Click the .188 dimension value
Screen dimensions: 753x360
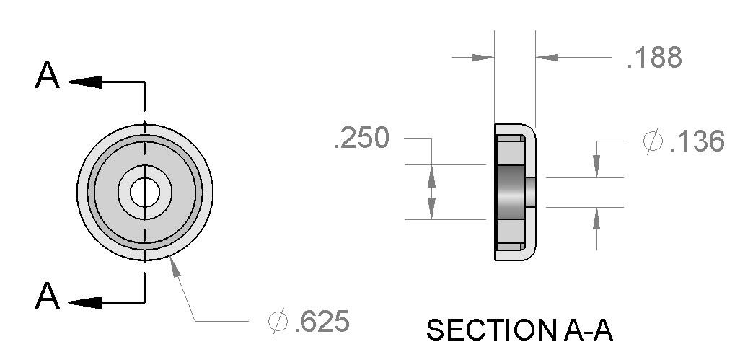(654, 58)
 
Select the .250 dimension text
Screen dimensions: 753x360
(361, 138)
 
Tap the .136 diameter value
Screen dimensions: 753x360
(696, 141)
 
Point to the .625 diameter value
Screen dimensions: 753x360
(321, 322)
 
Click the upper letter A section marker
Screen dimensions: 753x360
(47, 76)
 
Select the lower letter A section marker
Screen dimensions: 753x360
(47, 296)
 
